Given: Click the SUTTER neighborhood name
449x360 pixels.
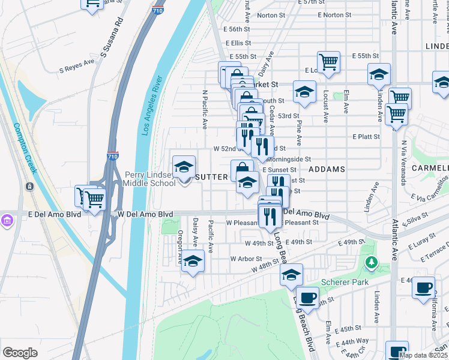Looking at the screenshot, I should coord(211,177).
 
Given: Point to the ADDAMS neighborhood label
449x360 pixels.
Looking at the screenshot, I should coord(327,170).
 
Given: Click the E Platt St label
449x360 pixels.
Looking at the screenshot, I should coord(366,137).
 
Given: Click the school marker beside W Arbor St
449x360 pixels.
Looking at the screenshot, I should coord(193,261).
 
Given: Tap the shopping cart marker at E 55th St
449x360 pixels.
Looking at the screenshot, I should coord(328,62).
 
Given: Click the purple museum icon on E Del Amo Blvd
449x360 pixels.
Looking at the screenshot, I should coord(8,221).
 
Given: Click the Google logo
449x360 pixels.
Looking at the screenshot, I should coord(20,353).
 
